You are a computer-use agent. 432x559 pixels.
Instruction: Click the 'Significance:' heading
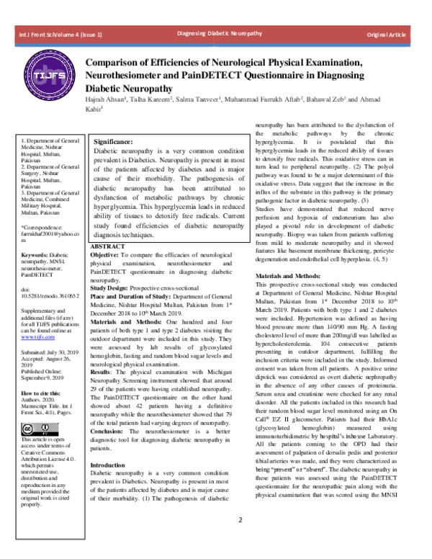click(114, 142)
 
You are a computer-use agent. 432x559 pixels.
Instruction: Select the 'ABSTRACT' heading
click(107, 246)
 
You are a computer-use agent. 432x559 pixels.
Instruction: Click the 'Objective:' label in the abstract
click(106, 256)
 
